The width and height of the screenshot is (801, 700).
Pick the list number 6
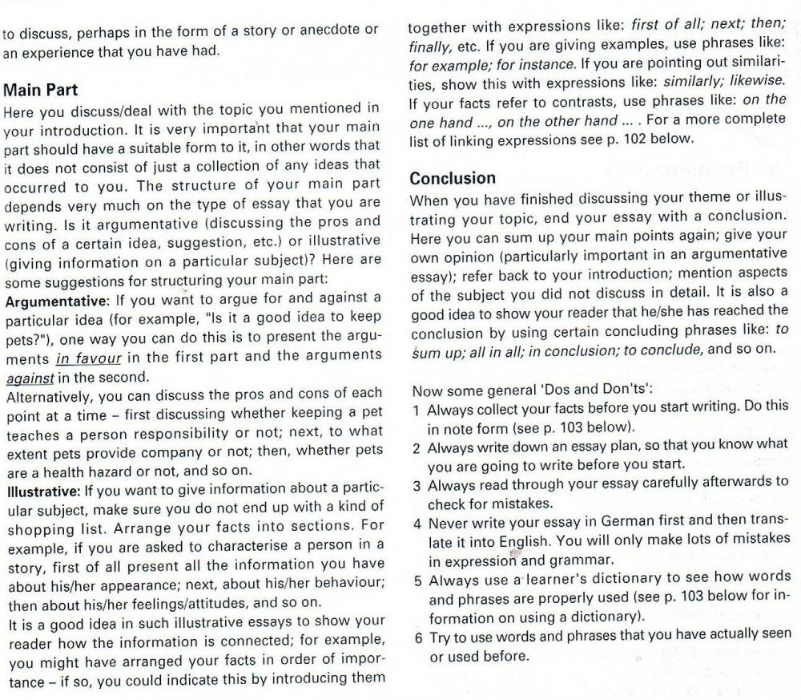tap(417, 639)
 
